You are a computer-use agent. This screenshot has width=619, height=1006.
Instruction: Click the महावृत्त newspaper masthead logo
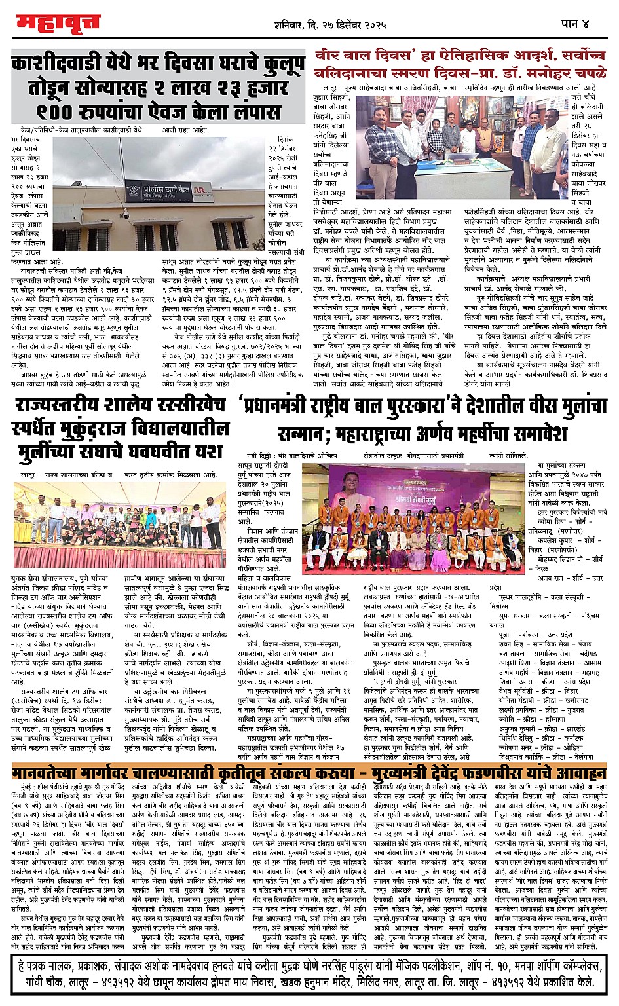57,24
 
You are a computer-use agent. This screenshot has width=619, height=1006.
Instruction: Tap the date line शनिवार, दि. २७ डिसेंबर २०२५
330,25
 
